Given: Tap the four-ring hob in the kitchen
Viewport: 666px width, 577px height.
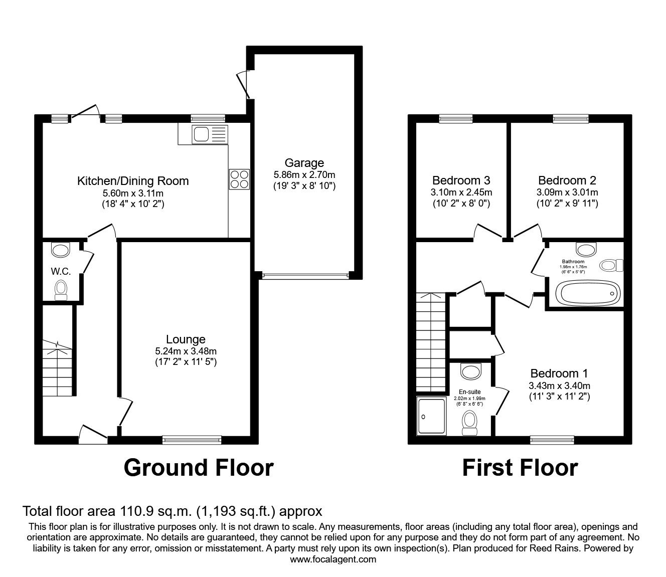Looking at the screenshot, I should point(239,179).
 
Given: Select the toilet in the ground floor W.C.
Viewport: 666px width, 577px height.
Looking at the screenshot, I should point(61,289).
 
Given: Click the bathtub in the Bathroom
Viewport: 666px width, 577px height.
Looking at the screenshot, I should point(585,293).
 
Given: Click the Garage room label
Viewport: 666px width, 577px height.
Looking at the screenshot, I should point(304,163).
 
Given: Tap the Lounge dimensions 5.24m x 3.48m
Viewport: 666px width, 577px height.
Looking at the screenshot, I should point(186,351).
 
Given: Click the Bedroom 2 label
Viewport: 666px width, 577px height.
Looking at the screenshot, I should point(567,180).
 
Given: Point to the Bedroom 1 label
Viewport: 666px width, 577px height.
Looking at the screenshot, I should point(559,373).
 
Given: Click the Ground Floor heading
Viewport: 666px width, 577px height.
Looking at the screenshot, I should point(198,467).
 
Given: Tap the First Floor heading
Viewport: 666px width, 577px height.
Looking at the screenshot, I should point(520,467).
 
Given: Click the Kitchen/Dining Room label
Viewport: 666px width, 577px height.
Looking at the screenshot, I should point(133,181).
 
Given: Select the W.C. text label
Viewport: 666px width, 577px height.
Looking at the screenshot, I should point(61,271).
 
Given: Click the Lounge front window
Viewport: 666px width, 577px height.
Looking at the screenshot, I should point(192,440).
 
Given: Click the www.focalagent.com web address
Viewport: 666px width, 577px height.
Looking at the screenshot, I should point(333,559).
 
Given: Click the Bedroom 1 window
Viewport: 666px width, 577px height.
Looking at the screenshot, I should point(552,440).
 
